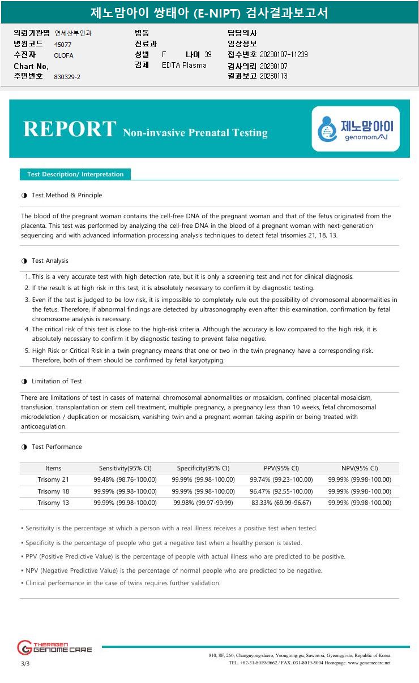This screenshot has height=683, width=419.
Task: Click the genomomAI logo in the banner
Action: [x=356, y=129]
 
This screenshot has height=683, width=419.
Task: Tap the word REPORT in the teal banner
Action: [x=69, y=129]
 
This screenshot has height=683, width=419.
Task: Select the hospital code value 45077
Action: [x=63, y=44]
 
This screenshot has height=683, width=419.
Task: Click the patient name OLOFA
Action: [x=63, y=55]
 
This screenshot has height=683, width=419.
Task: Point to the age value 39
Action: [x=208, y=54]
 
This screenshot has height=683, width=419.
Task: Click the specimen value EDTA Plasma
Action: [x=184, y=65]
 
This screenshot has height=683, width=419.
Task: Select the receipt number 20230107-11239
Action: [x=284, y=55]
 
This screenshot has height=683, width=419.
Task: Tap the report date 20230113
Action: [x=273, y=76]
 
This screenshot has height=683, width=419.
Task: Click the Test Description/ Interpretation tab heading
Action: [x=75, y=174]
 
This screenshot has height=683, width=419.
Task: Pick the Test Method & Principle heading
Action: [x=67, y=195]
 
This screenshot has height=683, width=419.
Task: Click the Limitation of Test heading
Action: [x=57, y=381]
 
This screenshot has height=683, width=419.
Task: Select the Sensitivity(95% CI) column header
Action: [x=125, y=468]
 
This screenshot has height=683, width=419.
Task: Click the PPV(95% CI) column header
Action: [x=281, y=468]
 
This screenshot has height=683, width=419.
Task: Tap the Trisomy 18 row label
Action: [x=53, y=491]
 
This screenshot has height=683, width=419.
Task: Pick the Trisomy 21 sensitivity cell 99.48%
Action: [x=125, y=479]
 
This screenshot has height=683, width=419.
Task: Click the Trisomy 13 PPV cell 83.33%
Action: [x=281, y=503]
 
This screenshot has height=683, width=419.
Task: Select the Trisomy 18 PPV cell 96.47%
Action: [x=281, y=491]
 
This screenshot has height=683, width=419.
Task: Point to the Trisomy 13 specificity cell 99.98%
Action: [x=203, y=503]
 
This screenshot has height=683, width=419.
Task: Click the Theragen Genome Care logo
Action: [x=54, y=647]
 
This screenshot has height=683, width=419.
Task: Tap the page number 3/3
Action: [x=25, y=663]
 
